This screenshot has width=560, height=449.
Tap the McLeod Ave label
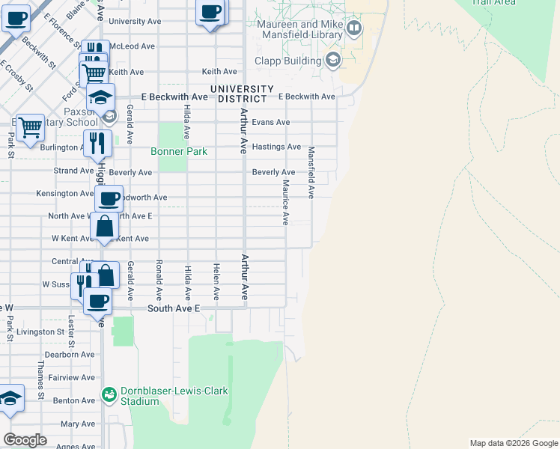(132, 46)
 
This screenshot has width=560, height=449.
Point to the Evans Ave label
(270, 122)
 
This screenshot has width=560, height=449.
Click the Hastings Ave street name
(276, 147)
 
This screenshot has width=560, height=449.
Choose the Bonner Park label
(178, 151)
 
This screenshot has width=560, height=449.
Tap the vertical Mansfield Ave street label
(311, 172)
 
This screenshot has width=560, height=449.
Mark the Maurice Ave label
(285, 202)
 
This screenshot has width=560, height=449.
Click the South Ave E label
(174, 308)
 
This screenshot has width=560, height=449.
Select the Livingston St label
(40, 332)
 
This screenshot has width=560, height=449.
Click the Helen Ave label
(216, 282)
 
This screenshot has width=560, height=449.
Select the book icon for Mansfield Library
(354, 29)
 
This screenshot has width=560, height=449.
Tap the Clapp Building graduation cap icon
(332, 61)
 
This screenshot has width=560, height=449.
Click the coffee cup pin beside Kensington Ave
(109, 199)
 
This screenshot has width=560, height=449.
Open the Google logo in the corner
(25, 440)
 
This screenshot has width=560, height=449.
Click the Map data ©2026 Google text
(514, 443)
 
